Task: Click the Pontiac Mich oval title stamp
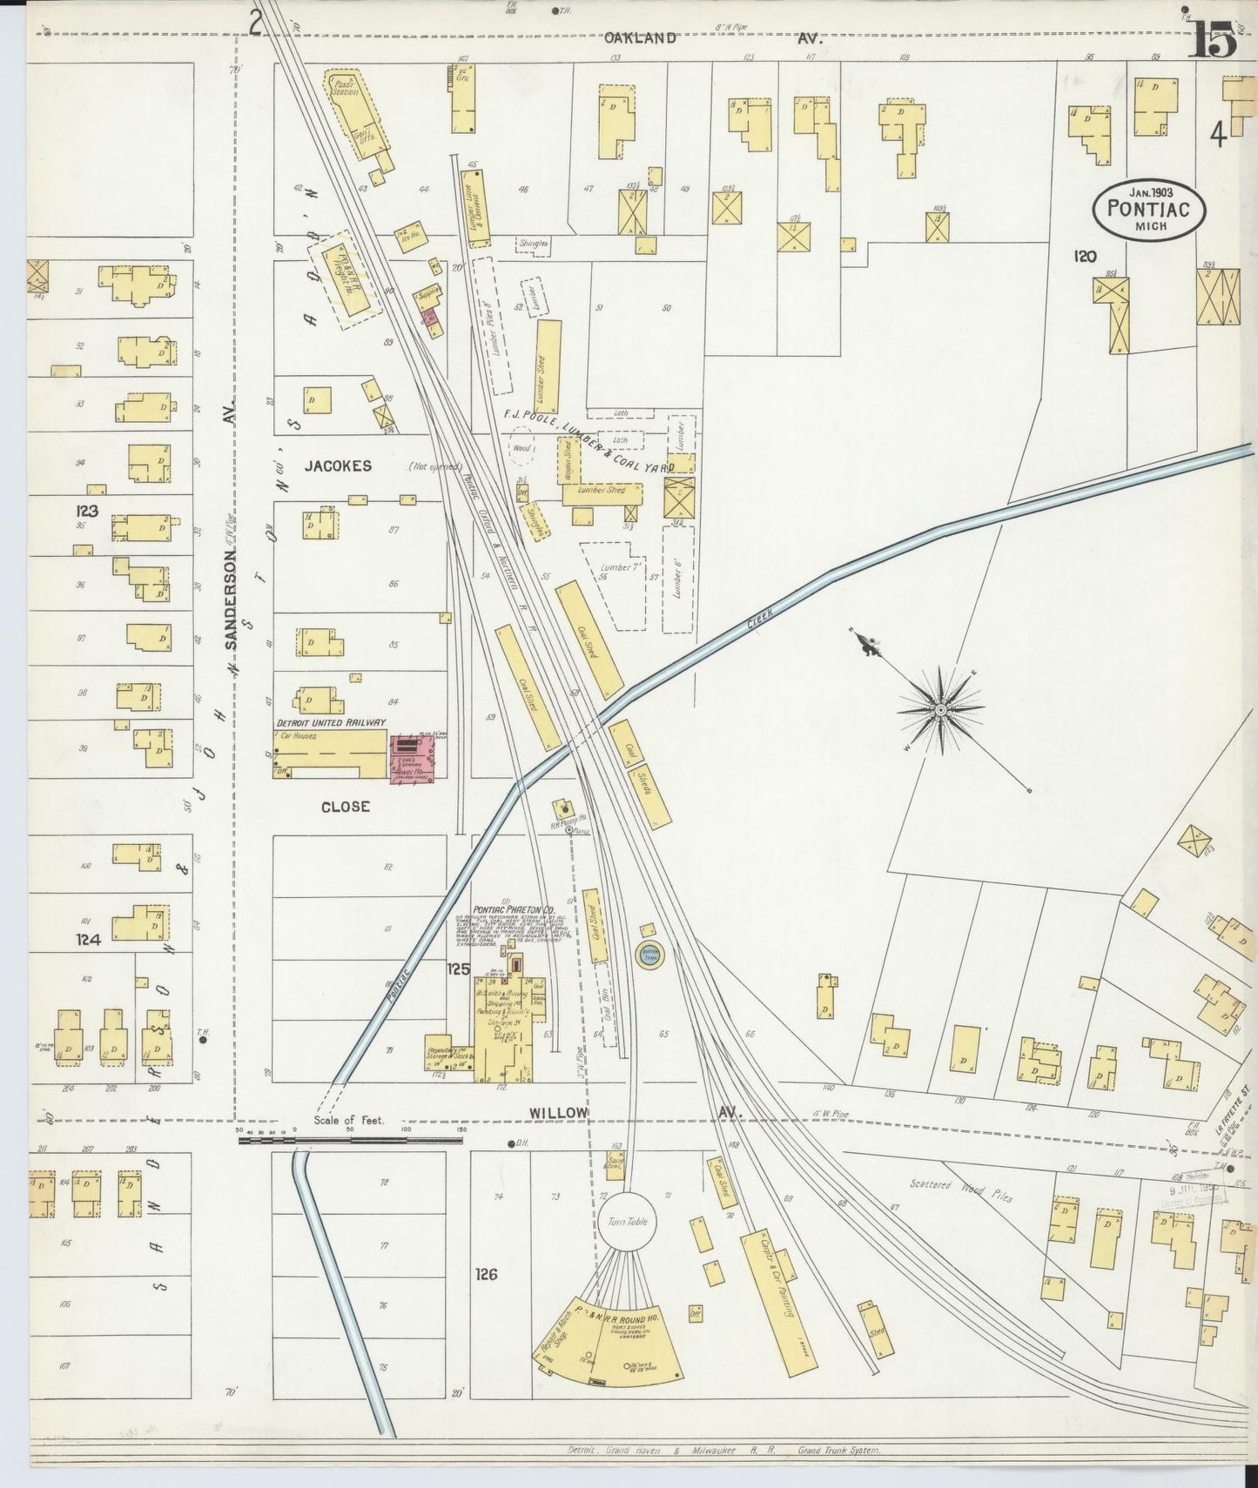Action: click(x=1149, y=210)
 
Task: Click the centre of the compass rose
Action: click(x=941, y=710)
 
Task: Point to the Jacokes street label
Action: click(x=338, y=466)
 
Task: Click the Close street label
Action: click(x=346, y=807)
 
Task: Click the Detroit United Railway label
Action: click(x=331, y=722)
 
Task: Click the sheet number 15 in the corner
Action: click(x=1213, y=39)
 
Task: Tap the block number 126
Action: click(x=486, y=1274)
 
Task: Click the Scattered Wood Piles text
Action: click(x=961, y=1190)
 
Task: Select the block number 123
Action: click(x=87, y=511)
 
